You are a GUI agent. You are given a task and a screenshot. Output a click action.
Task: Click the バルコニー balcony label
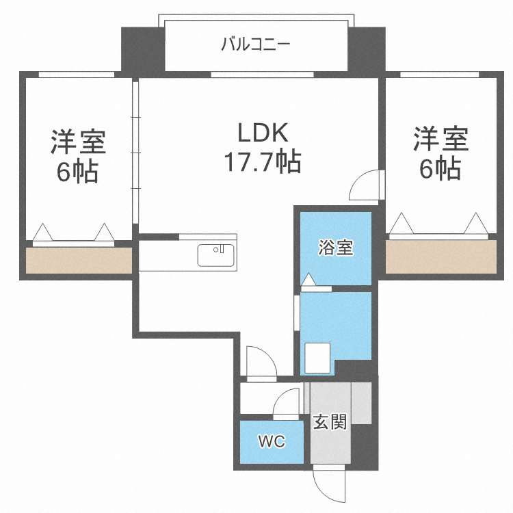[256, 45]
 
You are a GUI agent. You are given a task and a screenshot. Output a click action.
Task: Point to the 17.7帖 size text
[263, 162]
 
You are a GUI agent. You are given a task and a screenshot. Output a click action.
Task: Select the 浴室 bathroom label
[335, 248]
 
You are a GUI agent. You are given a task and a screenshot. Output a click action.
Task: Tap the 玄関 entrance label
[330, 421]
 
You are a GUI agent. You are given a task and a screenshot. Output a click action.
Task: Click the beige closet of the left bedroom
[78, 261]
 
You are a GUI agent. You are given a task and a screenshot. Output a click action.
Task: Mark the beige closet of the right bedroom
[441, 256]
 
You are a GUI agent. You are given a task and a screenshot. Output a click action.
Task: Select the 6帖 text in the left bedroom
[77, 171]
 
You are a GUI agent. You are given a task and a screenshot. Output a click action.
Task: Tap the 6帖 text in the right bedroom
[440, 168]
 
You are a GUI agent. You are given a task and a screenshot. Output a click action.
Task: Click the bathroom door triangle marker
[308, 280]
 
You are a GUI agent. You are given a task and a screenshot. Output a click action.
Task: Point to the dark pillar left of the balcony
[142, 50]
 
